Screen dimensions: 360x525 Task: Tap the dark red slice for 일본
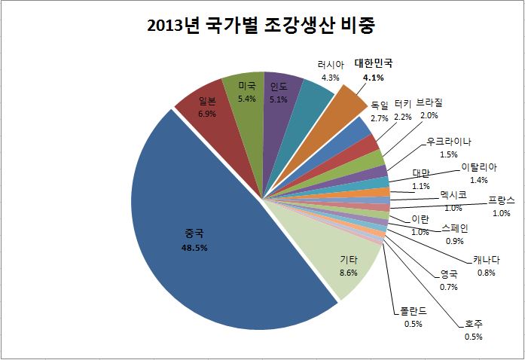pos(203,113)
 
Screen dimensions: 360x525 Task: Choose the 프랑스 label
pos(500,200)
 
